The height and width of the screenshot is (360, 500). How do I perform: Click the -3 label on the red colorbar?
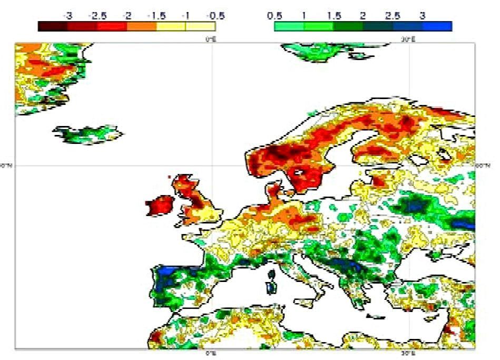click(x=67, y=16)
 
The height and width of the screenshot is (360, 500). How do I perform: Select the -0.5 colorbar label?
click(x=209, y=16)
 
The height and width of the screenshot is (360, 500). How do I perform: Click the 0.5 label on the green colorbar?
click(x=274, y=16)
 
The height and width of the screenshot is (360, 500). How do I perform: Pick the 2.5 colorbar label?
click(x=392, y=16)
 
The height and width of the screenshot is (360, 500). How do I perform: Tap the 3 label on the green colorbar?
click(x=423, y=16)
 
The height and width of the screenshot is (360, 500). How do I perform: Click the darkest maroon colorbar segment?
click(x=53, y=26)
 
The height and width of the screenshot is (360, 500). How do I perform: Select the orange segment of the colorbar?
click(x=141, y=26)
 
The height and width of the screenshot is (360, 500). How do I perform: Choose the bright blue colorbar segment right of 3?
click(x=437, y=26)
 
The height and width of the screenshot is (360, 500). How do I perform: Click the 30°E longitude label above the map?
click(x=406, y=39)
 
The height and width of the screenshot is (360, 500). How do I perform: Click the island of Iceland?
click(x=87, y=134)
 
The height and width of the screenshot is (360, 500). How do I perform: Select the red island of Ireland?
click(x=160, y=205)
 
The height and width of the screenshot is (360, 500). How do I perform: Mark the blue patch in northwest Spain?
click(x=168, y=270)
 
